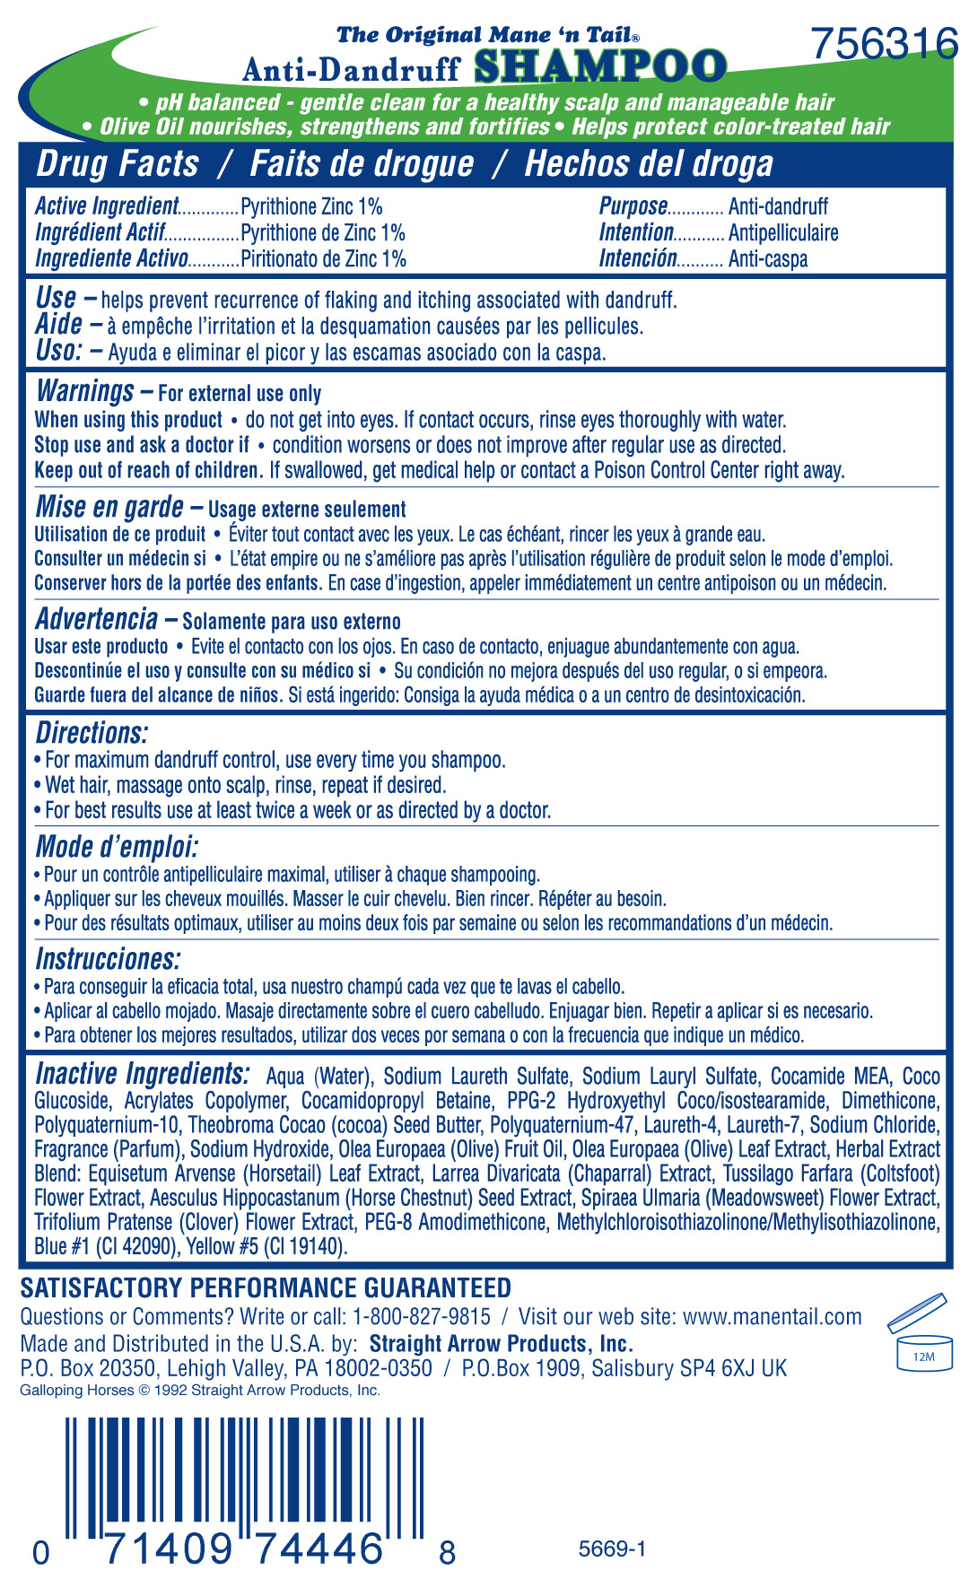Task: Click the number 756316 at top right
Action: [884, 43]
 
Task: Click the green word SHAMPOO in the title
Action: [599, 67]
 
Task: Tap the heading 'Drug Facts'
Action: [118, 164]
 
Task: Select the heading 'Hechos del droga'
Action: [648, 164]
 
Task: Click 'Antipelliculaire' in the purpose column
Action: [783, 233]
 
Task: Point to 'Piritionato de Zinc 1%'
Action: [323, 259]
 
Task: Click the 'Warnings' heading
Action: [85, 391]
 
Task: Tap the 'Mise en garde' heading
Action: [109, 507]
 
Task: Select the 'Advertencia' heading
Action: [97, 619]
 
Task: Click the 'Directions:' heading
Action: [92, 733]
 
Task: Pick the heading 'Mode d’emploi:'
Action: [117, 847]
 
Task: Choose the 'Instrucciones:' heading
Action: [108, 959]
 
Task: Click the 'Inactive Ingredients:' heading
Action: [142, 1074]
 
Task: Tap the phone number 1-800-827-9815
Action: [422, 1317]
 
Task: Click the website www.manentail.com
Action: [772, 1317]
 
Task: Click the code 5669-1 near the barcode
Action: [612, 1549]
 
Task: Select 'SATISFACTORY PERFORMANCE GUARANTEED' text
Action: [266, 1288]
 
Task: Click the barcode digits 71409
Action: [169, 1549]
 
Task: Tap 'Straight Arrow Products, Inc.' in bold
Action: [501, 1344]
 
